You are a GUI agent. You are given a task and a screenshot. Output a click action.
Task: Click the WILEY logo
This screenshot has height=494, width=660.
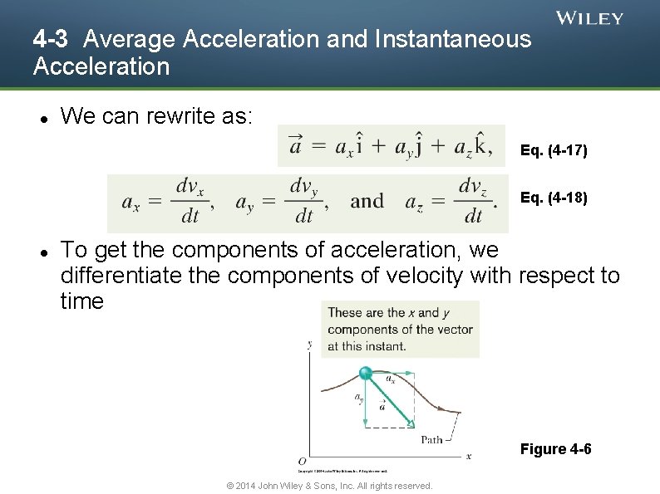coord(589,18)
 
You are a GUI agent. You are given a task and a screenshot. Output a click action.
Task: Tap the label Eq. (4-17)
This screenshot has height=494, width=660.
coord(554,151)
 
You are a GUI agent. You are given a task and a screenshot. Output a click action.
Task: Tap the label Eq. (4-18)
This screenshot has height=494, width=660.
coord(554,198)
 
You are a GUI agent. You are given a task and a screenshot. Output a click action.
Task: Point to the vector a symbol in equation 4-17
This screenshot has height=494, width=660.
coord(295,145)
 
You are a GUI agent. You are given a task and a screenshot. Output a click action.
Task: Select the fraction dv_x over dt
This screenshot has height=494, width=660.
coord(190,201)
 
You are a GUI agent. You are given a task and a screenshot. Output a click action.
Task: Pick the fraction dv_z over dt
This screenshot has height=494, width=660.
coord(474,201)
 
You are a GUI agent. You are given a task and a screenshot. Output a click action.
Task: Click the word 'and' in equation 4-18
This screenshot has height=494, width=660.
coord(367,202)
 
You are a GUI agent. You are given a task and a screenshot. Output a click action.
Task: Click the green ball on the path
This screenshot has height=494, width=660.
coord(365,374)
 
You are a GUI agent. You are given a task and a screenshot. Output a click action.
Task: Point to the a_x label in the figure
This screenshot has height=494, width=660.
coord(390,379)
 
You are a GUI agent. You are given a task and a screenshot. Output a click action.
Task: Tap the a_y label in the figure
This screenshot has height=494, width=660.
coord(359,399)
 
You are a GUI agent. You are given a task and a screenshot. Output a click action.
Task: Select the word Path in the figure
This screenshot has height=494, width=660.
coord(431,439)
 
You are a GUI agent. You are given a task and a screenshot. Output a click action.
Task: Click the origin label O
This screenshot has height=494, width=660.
coord(302,461)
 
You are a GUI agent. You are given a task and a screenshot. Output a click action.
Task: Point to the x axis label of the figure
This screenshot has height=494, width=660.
coord(468,456)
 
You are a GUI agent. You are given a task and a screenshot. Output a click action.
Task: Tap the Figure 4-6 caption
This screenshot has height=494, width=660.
coord(555,449)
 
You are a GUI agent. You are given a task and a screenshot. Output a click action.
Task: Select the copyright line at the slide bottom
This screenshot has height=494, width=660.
coord(329,486)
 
